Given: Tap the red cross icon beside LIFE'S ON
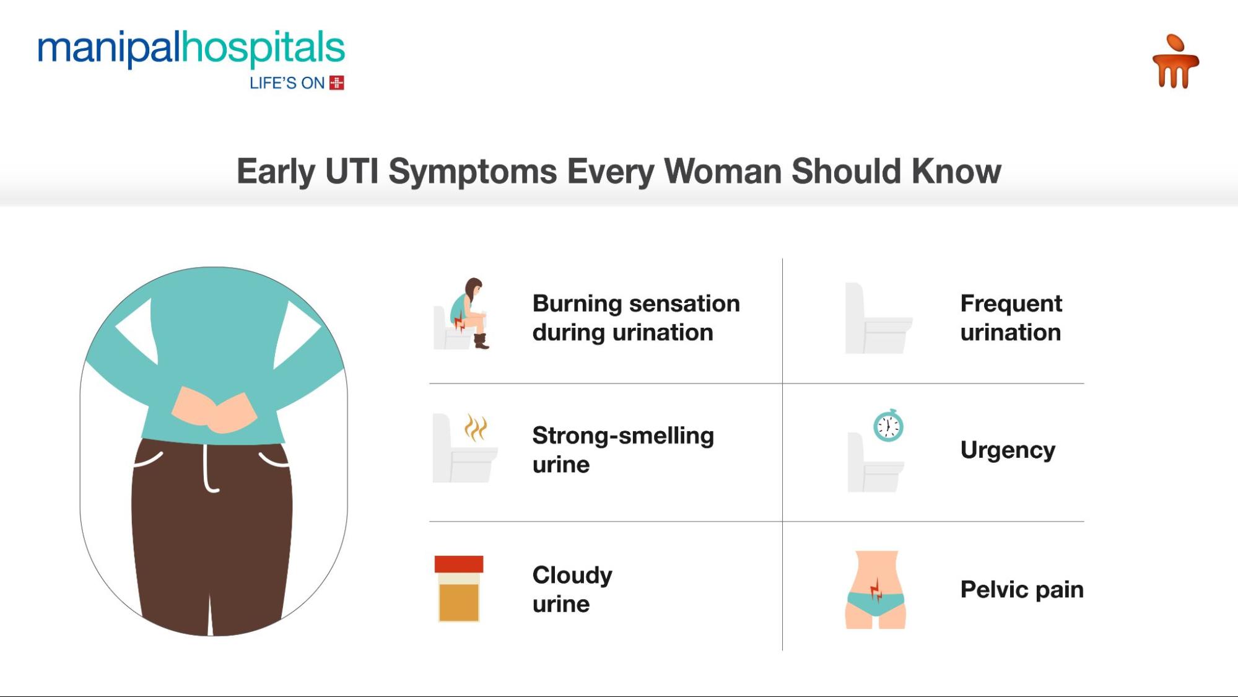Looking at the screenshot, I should pyautogui.click(x=336, y=83).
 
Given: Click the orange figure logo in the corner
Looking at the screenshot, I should pyautogui.click(x=1175, y=62).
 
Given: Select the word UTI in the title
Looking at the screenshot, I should pyautogui.click(x=352, y=172).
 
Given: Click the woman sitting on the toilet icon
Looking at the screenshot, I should pyautogui.click(x=464, y=313).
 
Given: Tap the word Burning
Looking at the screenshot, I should pyautogui.click(x=577, y=304).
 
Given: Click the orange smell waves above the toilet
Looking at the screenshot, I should pyautogui.click(x=476, y=427).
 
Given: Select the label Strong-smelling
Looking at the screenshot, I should pyautogui.click(x=622, y=436).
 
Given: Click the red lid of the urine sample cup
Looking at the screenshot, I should pyautogui.click(x=458, y=564).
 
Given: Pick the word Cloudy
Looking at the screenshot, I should pyautogui.click(x=572, y=575).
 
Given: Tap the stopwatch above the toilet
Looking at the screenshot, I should pyautogui.click(x=888, y=426).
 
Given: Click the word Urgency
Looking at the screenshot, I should pyautogui.click(x=1008, y=450).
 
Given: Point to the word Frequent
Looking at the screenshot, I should pyautogui.click(x=1011, y=304).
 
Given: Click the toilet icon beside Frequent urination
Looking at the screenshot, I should pyautogui.click(x=876, y=319).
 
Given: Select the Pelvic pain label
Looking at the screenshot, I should pyautogui.click(x=1021, y=589).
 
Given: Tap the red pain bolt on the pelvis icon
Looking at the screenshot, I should pyautogui.click(x=876, y=589).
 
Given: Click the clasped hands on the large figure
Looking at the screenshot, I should pyautogui.click(x=214, y=410).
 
